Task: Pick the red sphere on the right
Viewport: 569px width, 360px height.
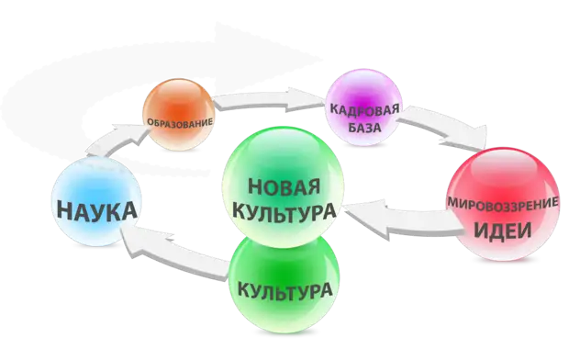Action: point(503,207)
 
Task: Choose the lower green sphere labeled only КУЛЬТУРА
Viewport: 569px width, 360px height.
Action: point(284,285)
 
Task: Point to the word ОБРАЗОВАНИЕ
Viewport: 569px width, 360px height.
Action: point(180,121)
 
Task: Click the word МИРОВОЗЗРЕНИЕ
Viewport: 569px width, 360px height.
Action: point(503,199)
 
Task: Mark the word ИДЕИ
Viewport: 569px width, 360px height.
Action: point(504,228)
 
